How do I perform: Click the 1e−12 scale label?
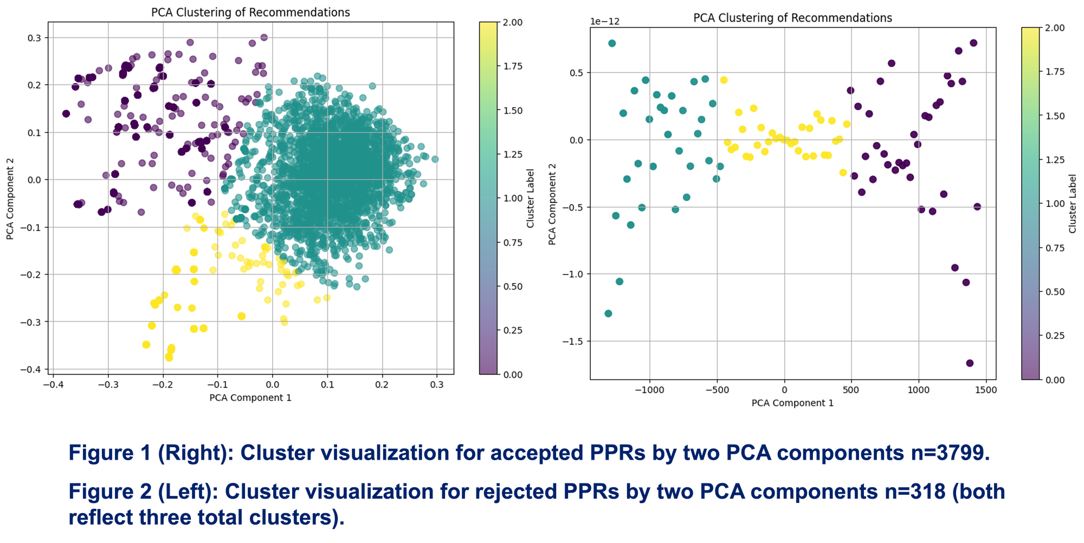tap(605, 22)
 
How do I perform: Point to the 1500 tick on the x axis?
tap(985, 390)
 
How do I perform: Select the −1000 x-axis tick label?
tap(649, 390)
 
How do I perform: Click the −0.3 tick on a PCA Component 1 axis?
tap(108, 384)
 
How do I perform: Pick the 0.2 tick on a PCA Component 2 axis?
tap(34, 85)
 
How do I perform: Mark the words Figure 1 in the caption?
tap(109, 453)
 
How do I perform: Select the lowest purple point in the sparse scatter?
tap(970, 363)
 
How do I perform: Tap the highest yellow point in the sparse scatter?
tap(724, 80)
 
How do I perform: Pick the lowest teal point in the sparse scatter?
tap(608, 313)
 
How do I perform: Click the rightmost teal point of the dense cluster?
tap(435, 159)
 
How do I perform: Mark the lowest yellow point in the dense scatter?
tap(169, 357)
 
